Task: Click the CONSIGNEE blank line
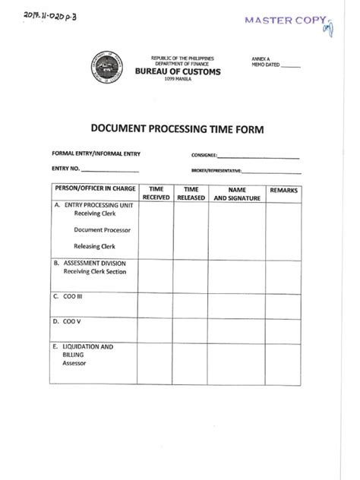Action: [259, 157]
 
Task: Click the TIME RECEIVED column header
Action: [156, 193]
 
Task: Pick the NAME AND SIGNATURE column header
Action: [237, 193]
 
